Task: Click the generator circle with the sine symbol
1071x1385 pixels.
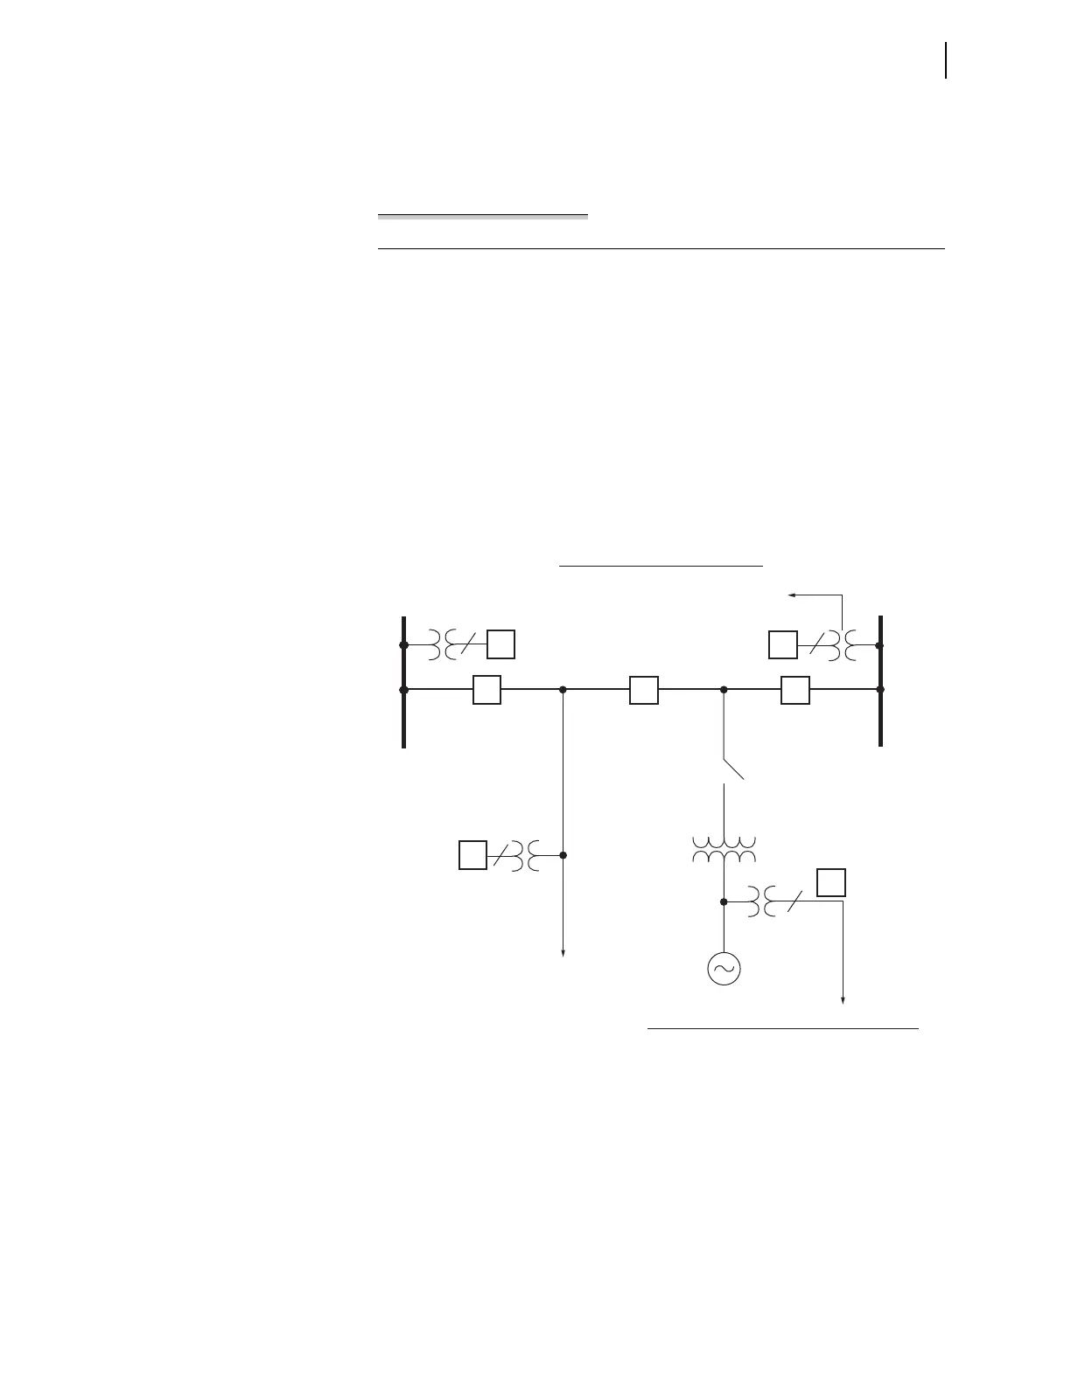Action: [724, 968]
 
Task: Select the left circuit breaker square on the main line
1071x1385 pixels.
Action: [486, 690]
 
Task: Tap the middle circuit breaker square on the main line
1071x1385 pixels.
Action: [643, 690]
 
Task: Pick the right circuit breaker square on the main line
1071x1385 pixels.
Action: [795, 690]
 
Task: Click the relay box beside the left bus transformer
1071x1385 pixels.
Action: [500, 644]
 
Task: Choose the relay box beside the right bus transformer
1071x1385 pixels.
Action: [782, 644]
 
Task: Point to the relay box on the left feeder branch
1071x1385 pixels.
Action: [472, 854]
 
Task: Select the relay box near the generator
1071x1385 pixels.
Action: [831, 881]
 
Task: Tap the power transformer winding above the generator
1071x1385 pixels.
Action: [724, 849]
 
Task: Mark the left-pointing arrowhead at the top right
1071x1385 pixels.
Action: [793, 595]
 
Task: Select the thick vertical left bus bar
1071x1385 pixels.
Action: [403, 682]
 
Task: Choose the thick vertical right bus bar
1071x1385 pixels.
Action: [880, 682]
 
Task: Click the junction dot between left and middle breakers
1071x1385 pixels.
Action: [563, 690]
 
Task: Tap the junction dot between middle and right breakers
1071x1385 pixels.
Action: [724, 690]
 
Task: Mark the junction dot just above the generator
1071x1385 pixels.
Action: [724, 901]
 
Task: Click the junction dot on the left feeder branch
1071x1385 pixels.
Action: [563, 854]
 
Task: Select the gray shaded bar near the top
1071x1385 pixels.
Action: [483, 215]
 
